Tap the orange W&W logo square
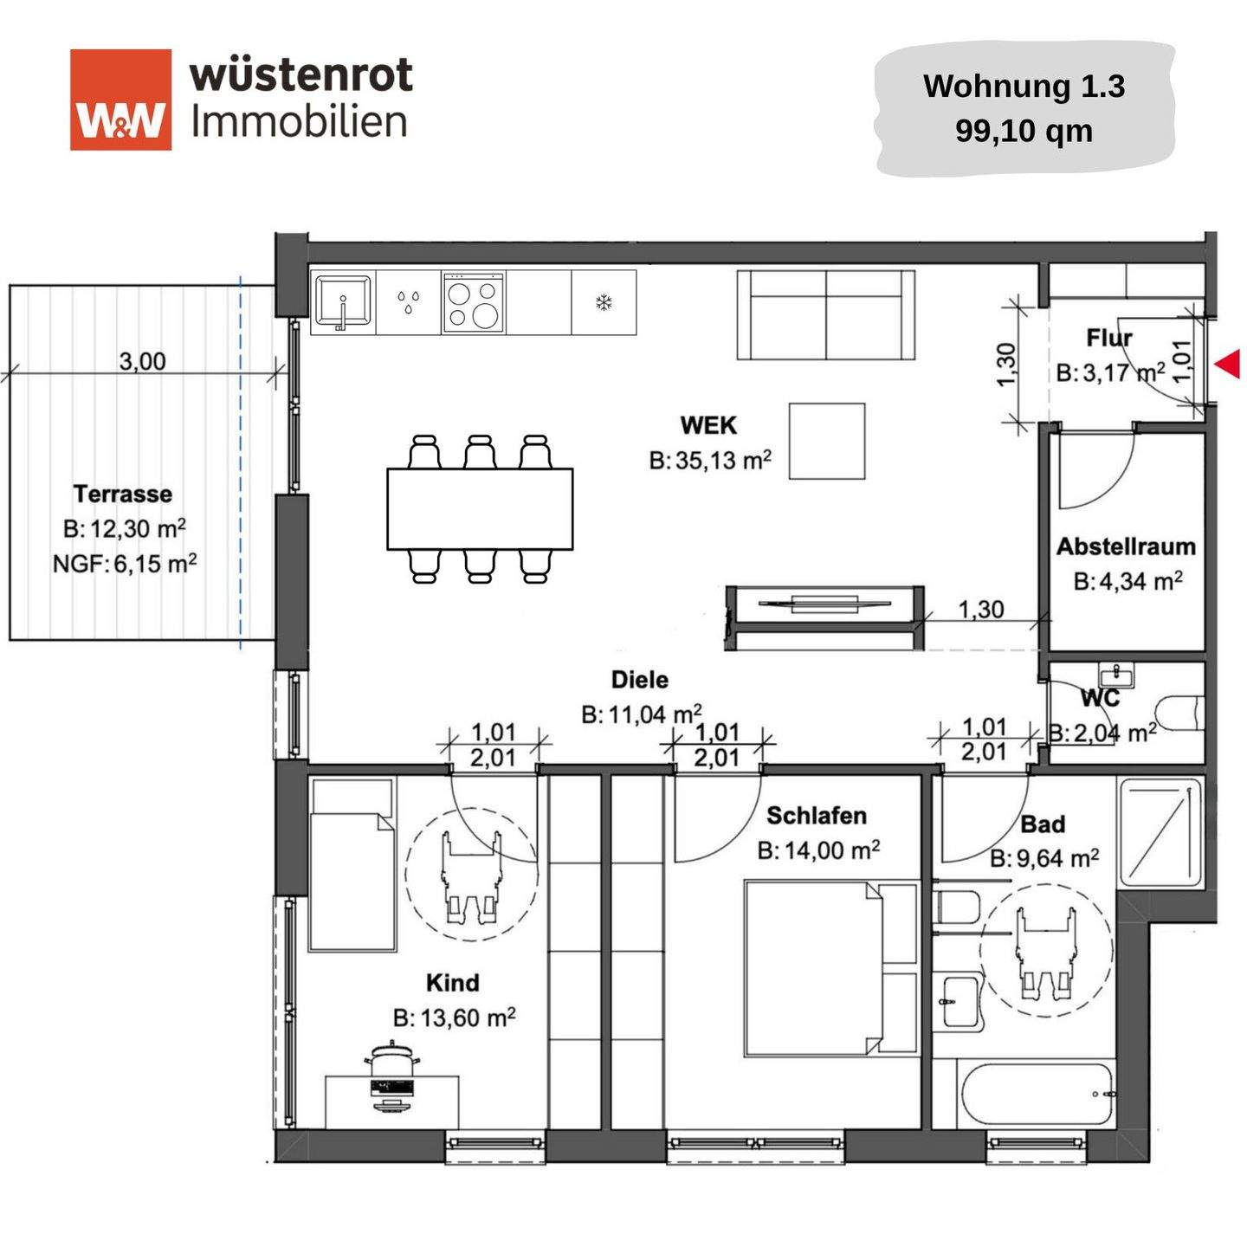pos(120,100)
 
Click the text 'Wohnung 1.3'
pos(1024,86)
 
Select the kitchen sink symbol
pos(342,302)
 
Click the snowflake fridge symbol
pos(604,302)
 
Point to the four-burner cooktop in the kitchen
pos(473,302)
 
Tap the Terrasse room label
pos(122,494)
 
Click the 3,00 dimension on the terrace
pos(142,360)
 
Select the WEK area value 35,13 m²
pos(710,461)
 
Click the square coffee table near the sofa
pos(826,441)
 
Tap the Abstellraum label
pos(1126,546)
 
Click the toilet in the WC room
pos(1180,712)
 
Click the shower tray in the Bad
pos(1160,832)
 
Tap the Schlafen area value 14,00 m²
pos(818,850)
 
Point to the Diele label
pos(639,680)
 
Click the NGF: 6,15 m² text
pos(124,564)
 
